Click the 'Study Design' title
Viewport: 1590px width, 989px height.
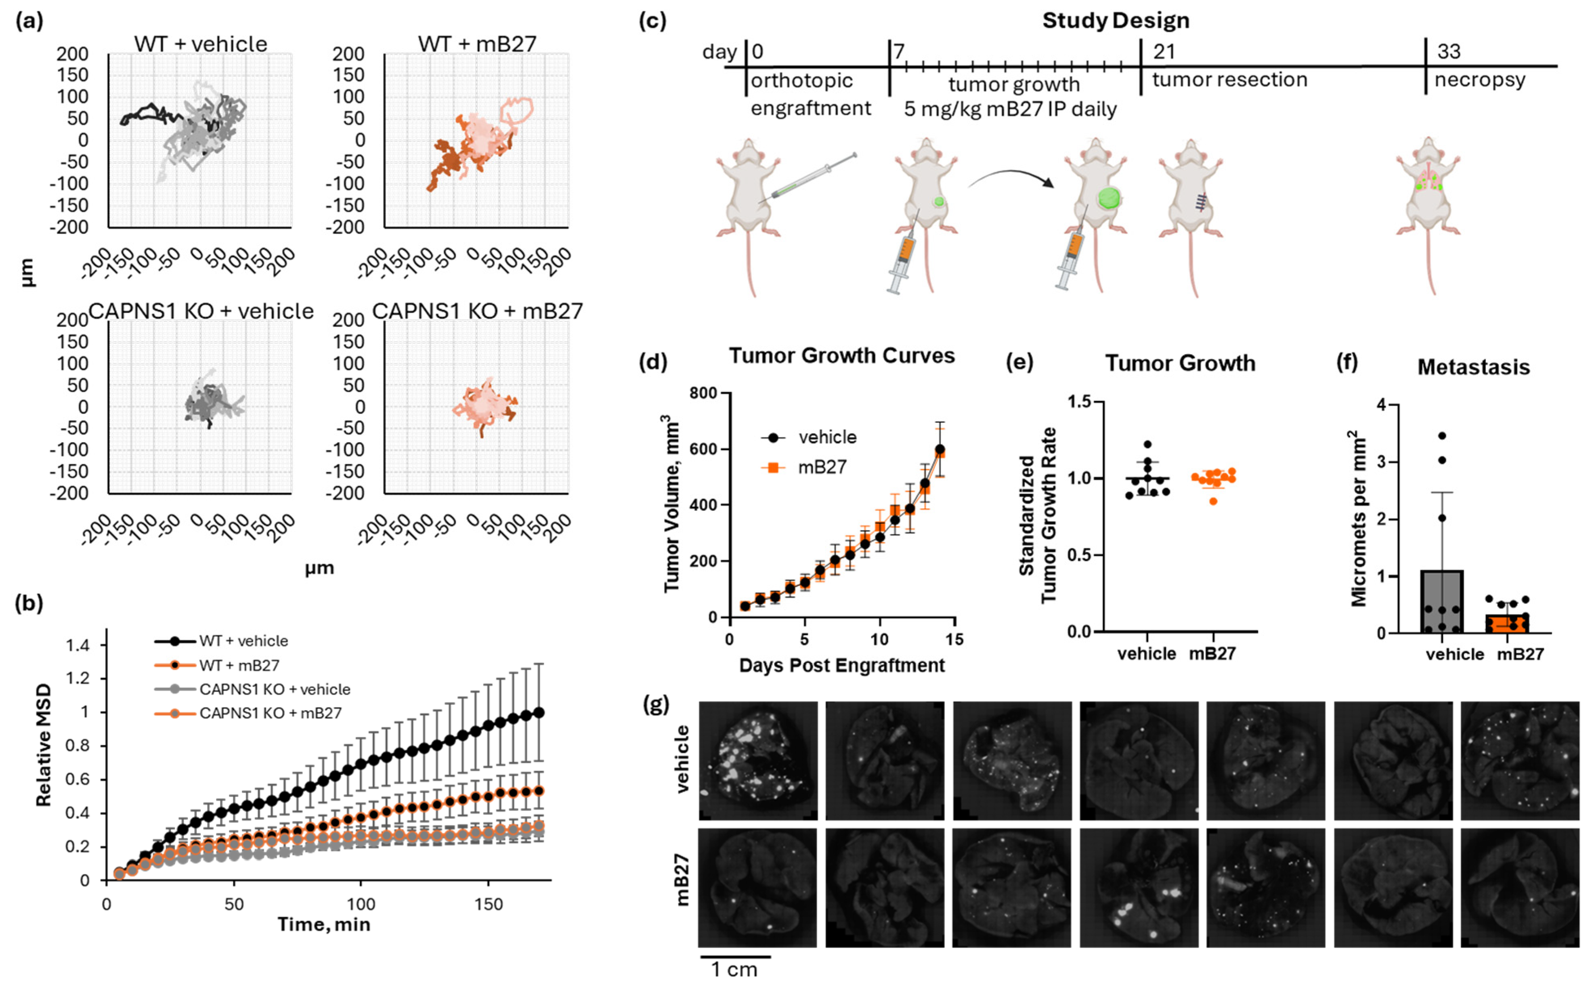(1115, 21)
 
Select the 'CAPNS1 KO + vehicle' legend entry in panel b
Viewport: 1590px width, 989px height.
(275, 689)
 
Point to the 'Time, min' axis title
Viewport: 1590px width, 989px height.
(324, 924)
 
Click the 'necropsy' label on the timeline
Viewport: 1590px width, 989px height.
(1479, 80)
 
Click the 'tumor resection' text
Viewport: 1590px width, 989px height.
(1229, 80)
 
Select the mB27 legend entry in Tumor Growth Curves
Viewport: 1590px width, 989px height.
(822, 467)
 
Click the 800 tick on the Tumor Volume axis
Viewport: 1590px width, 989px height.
(703, 393)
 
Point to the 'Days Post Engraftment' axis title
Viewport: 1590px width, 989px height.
(841, 665)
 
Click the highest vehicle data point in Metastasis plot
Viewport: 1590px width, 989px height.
(1441, 436)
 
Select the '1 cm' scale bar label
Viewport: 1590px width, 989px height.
(734, 969)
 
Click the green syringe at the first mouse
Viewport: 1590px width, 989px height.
(811, 176)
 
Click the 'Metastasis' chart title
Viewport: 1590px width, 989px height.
(1473, 367)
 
